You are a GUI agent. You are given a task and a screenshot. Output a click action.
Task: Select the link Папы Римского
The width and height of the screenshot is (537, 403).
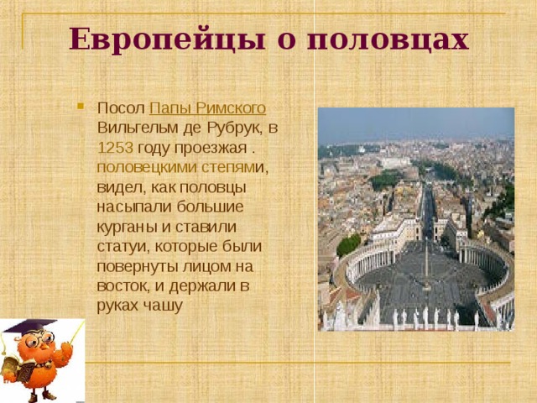[208, 108]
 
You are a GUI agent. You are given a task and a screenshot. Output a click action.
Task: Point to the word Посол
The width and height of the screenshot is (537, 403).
[120, 108]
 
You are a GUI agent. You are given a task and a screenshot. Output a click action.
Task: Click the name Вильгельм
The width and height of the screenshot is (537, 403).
[138, 128]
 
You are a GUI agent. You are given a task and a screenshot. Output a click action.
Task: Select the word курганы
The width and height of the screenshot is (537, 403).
[125, 226]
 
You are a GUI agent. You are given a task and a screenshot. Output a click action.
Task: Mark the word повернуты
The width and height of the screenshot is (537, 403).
[136, 266]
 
